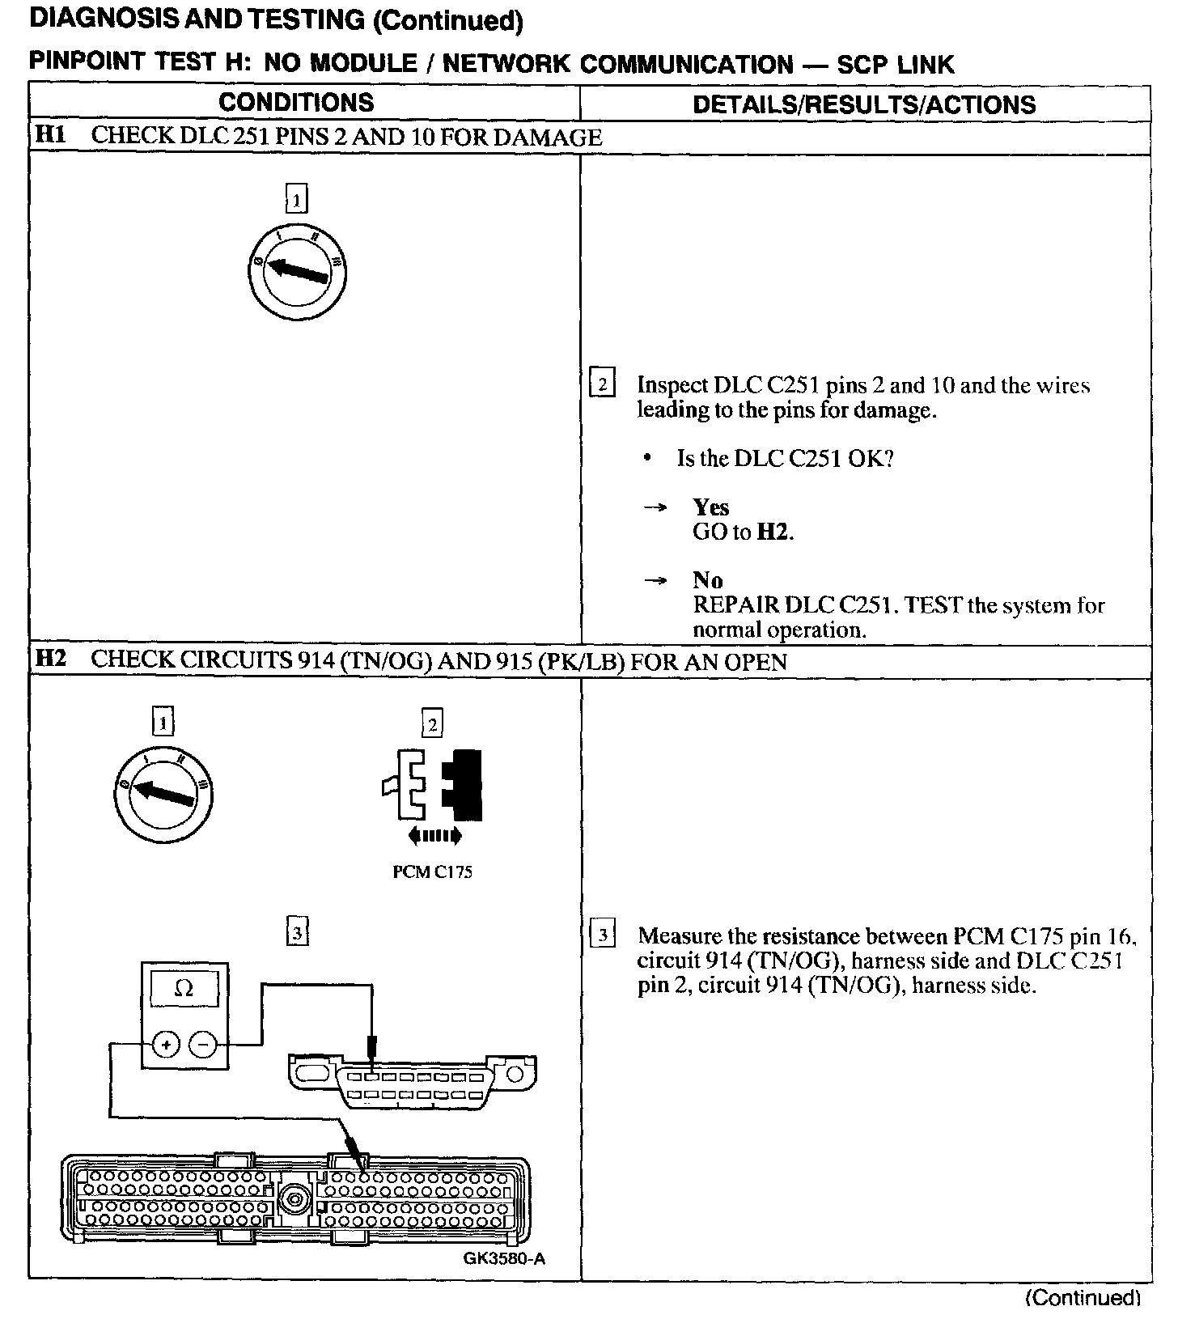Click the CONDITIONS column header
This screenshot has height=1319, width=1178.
click(x=296, y=103)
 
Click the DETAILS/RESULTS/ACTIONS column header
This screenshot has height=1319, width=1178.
click(x=864, y=104)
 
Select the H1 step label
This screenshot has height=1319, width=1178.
click(x=50, y=135)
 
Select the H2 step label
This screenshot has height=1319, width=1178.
click(x=50, y=659)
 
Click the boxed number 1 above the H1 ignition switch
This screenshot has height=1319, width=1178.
click(x=298, y=198)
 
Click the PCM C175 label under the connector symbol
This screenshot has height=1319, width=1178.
click(x=432, y=872)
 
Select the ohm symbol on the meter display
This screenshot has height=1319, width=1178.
click(x=184, y=989)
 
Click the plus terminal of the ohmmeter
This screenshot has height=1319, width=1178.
click(x=166, y=1045)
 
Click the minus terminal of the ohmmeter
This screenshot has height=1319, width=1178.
click(x=202, y=1045)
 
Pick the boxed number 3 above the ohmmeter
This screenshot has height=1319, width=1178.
click(x=298, y=934)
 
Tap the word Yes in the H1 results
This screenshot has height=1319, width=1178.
click(x=711, y=507)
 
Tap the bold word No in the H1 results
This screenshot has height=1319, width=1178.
click(x=707, y=580)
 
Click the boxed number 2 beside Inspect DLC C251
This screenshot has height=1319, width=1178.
click(x=603, y=383)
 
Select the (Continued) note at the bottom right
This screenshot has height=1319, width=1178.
click(x=1083, y=1298)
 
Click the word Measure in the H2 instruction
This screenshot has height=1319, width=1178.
click(x=678, y=936)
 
